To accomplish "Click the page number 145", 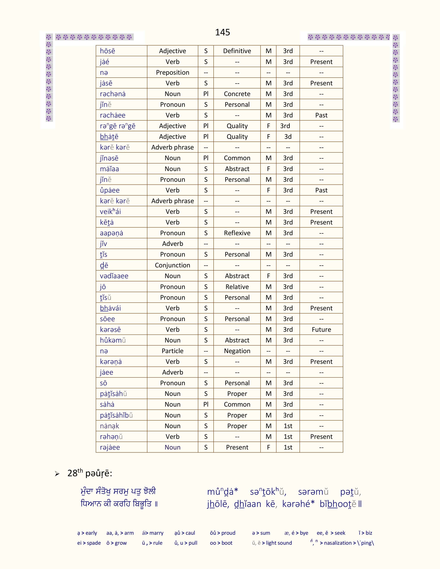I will pyautogui.click(x=222, y=32).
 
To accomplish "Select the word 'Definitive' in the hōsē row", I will pyautogui.click(x=237, y=51).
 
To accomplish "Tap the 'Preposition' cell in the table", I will pyautogui.click(x=173, y=72).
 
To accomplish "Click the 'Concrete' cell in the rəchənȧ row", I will pyautogui.click(x=237, y=94).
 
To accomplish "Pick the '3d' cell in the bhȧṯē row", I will pyautogui.click(x=288, y=137).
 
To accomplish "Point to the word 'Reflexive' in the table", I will pyautogui.click(x=237, y=233).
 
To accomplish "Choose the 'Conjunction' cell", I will pyautogui.click(x=173, y=265).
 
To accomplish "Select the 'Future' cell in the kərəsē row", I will pyautogui.click(x=321, y=330).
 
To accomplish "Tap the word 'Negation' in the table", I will pyautogui.click(x=237, y=351).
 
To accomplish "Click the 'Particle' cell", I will pyautogui.click(x=173, y=351).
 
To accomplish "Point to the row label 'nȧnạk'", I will pyautogui.click(x=109, y=426).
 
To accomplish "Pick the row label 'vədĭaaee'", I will pyautogui.click(x=114, y=276).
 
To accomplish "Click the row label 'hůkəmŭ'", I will pyautogui.click(x=113, y=340).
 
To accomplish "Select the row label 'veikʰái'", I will pyautogui.click(x=110, y=212).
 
